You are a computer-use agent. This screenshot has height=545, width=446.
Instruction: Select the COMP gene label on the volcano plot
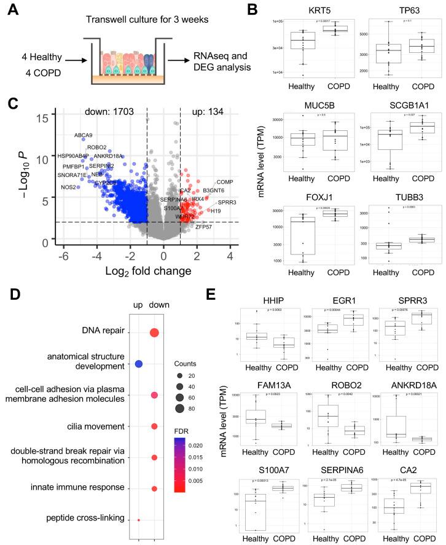pyautogui.click(x=224, y=182)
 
